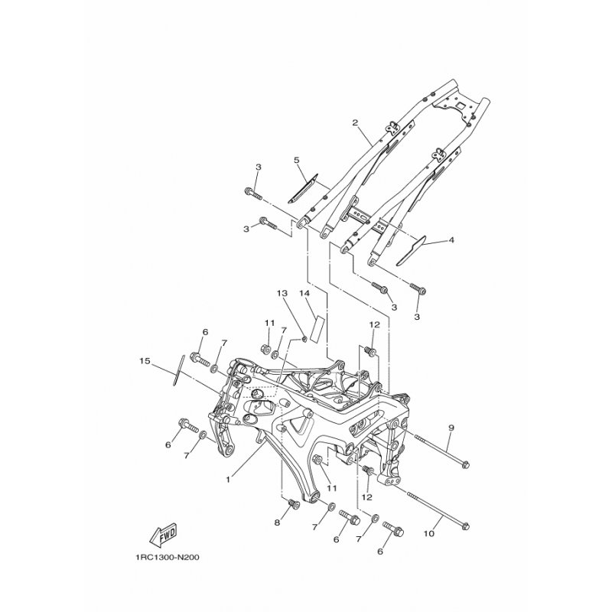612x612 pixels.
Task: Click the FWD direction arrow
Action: click(164, 533)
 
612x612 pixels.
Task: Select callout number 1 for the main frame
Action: click(228, 480)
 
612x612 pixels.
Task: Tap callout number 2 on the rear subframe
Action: click(355, 122)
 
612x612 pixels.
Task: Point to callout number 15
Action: click(145, 361)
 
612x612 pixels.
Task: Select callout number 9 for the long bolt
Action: click(451, 428)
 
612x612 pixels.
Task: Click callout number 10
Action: click(428, 533)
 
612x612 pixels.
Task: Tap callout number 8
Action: click(277, 522)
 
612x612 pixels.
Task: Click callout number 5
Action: click(296, 160)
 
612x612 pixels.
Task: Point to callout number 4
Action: click(451, 240)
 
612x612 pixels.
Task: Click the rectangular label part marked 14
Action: click(317, 329)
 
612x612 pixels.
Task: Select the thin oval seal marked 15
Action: click(179, 370)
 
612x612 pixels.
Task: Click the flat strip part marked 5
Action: click(303, 188)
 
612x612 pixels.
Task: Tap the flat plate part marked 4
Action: click(412, 250)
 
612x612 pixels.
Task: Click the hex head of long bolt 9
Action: click(464, 464)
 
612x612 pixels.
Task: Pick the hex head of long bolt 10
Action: click(464, 526)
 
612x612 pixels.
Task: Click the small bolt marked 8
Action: click(293, 505)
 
